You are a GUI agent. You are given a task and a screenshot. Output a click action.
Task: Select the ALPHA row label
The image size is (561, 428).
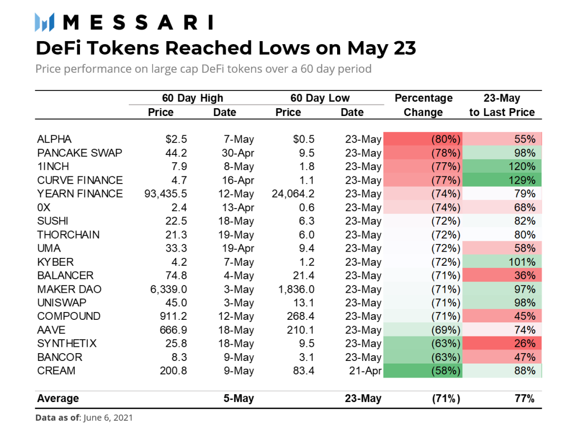click(x=55, y=139)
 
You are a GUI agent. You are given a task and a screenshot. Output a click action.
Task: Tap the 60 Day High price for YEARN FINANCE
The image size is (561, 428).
click(x=166, y=194)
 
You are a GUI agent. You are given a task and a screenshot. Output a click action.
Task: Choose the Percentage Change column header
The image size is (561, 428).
click(x=423, y=105)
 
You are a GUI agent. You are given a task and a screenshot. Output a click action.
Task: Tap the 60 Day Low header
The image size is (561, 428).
click(x=320, y=98)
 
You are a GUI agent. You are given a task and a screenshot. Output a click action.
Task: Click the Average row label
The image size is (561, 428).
click(x=58, y=399)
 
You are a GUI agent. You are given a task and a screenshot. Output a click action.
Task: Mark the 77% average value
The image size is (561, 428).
click(x=524, y=399)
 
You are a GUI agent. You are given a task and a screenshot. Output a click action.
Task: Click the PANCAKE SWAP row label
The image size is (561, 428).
click(x=80, y=153)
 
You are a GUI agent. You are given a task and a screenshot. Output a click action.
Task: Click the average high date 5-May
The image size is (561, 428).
click(x=238, y=399)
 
